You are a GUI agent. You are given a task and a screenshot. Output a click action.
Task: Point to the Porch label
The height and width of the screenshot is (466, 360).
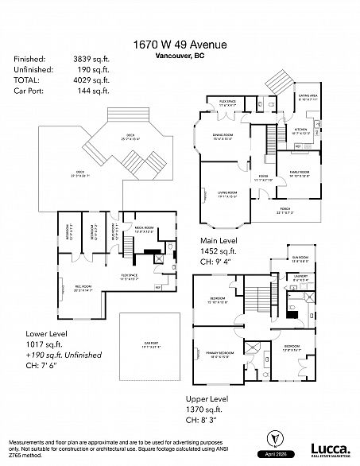pos(283,211)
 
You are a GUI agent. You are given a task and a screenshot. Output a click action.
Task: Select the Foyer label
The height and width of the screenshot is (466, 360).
pos(262,177)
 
